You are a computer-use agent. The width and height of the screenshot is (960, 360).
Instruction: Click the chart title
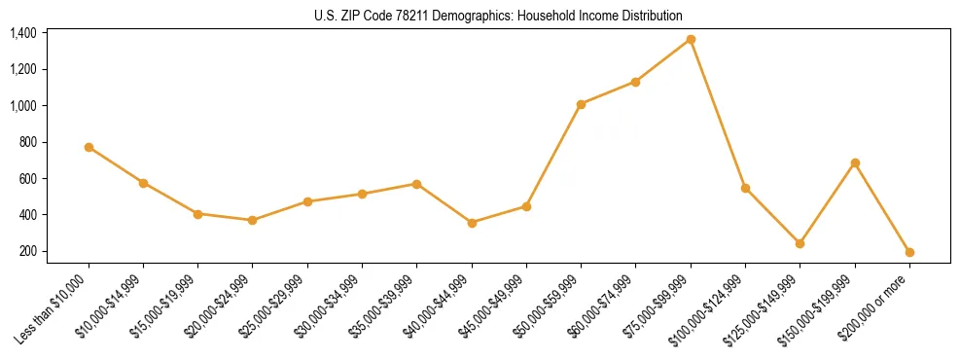[498, 16]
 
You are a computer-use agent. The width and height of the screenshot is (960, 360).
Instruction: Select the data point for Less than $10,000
[89, 147]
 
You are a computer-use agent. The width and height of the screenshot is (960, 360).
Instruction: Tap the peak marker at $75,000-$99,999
[691, 39]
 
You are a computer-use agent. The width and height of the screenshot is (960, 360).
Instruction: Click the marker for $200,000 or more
[909, 252]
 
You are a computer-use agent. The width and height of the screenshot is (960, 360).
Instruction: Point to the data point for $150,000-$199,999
[855, 162]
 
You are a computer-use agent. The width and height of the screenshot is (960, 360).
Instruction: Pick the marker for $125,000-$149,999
[800, 243]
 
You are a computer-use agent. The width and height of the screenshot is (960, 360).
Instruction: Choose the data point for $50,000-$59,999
[581, 104]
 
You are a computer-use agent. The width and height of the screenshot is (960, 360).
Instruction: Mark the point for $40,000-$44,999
[472, 223]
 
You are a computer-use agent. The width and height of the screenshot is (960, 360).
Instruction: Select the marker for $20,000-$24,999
[253, 220]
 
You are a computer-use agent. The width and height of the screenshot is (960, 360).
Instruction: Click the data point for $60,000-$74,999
[636, 82]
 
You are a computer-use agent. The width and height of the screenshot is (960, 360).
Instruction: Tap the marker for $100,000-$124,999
[745, 188]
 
